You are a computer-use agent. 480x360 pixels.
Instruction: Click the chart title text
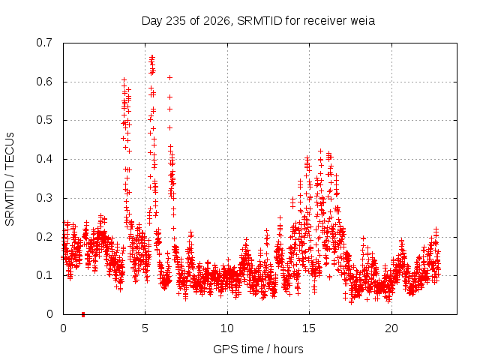pyautogui.click(x=258, y=21)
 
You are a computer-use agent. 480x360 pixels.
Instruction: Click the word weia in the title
pyautogui.click(x=362, y=21)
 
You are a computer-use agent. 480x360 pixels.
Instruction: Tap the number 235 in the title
pyautogui.click(x=175, y=21)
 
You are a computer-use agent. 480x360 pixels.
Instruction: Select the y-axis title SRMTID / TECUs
pyautogui.click(x=10, y=179)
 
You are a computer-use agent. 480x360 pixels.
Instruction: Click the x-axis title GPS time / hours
pyautogui.click(x=258, y=349)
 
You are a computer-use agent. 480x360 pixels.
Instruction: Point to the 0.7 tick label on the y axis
pyautogui.click(x=44, y=43)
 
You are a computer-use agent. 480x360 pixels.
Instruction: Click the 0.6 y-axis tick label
pyautogui.click(x=44, y=82)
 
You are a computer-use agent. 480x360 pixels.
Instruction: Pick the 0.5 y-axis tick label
pyautogui.click(x=44, y=120)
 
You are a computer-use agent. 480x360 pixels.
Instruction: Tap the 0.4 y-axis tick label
pyautogui.click(x=44, y=159)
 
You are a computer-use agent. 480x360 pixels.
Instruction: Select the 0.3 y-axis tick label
pyautogui.click(x=44, y=198)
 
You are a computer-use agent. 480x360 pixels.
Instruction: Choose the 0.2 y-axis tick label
pyautogui.click(x=44, y=237)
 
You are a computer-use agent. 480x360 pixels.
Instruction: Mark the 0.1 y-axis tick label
pyautogui.click(x=44, y=275)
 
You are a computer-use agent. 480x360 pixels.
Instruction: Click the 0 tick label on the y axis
pyautogui.click(x=49, y=314)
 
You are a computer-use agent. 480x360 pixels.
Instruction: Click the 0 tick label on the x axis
pyautogui.click(x=63, y=328)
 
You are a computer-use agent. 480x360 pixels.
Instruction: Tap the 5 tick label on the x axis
pyautogui.click(x=145, y=328)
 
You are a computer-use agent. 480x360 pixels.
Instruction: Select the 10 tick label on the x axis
pyautogui.click(x=227, y=328)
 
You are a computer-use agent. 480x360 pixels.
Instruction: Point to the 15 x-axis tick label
pyautogui.click(x=309, y=328)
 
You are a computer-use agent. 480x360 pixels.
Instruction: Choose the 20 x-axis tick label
pyautogui.click(x=391, y=328)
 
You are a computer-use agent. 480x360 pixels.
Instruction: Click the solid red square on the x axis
pyautogui.click(x=83, y=314)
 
